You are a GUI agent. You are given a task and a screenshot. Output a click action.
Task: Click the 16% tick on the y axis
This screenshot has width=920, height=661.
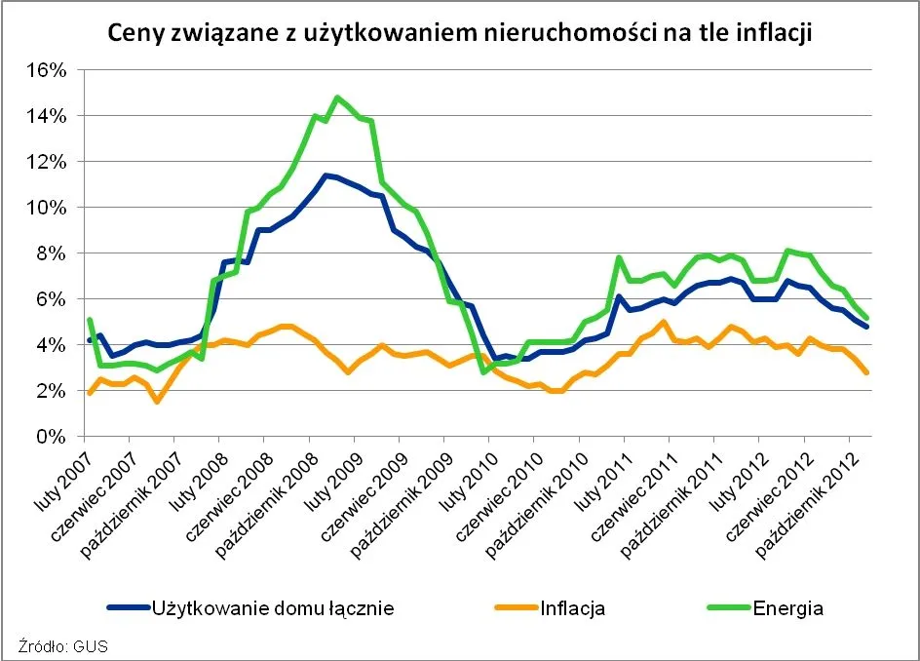pos(44,70)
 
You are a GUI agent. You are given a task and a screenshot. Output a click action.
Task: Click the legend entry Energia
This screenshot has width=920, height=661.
pos(787,608)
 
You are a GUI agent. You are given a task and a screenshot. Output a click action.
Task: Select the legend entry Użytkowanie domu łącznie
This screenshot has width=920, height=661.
pos(272,608)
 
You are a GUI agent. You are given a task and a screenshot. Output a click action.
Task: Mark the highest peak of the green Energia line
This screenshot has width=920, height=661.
pos(337,97)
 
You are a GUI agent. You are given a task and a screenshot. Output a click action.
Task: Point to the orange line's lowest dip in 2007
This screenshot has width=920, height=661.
pos(156,401)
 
